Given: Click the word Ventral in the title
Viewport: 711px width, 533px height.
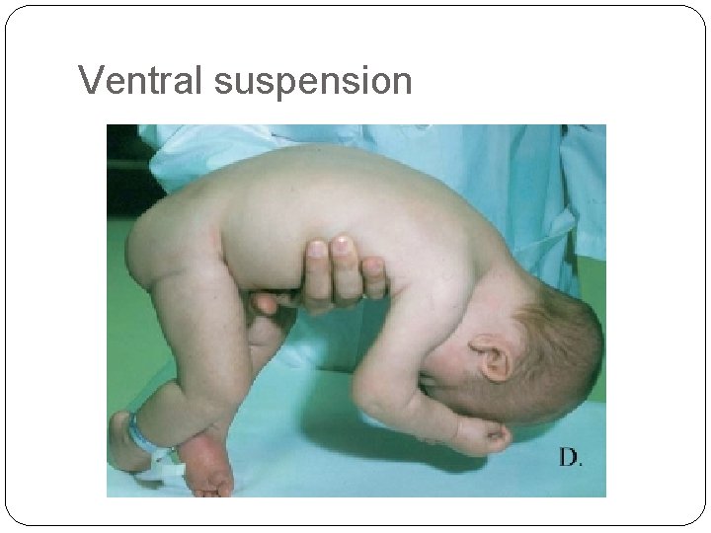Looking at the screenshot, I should [141, 81].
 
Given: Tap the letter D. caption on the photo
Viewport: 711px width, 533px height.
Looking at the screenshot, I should [571, 457].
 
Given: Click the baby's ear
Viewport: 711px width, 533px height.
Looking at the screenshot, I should [490, 355].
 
